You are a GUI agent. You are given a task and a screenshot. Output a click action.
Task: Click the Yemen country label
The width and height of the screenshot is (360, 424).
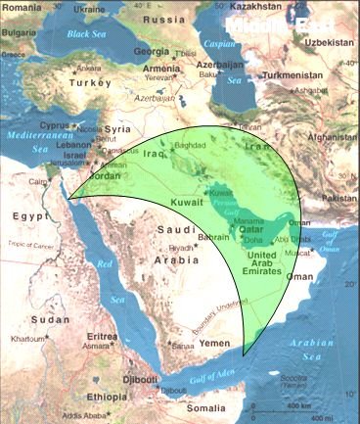click(x=214, y=344)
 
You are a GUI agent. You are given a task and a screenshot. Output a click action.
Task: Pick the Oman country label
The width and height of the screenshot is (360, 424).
click(x=305, y=277)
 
